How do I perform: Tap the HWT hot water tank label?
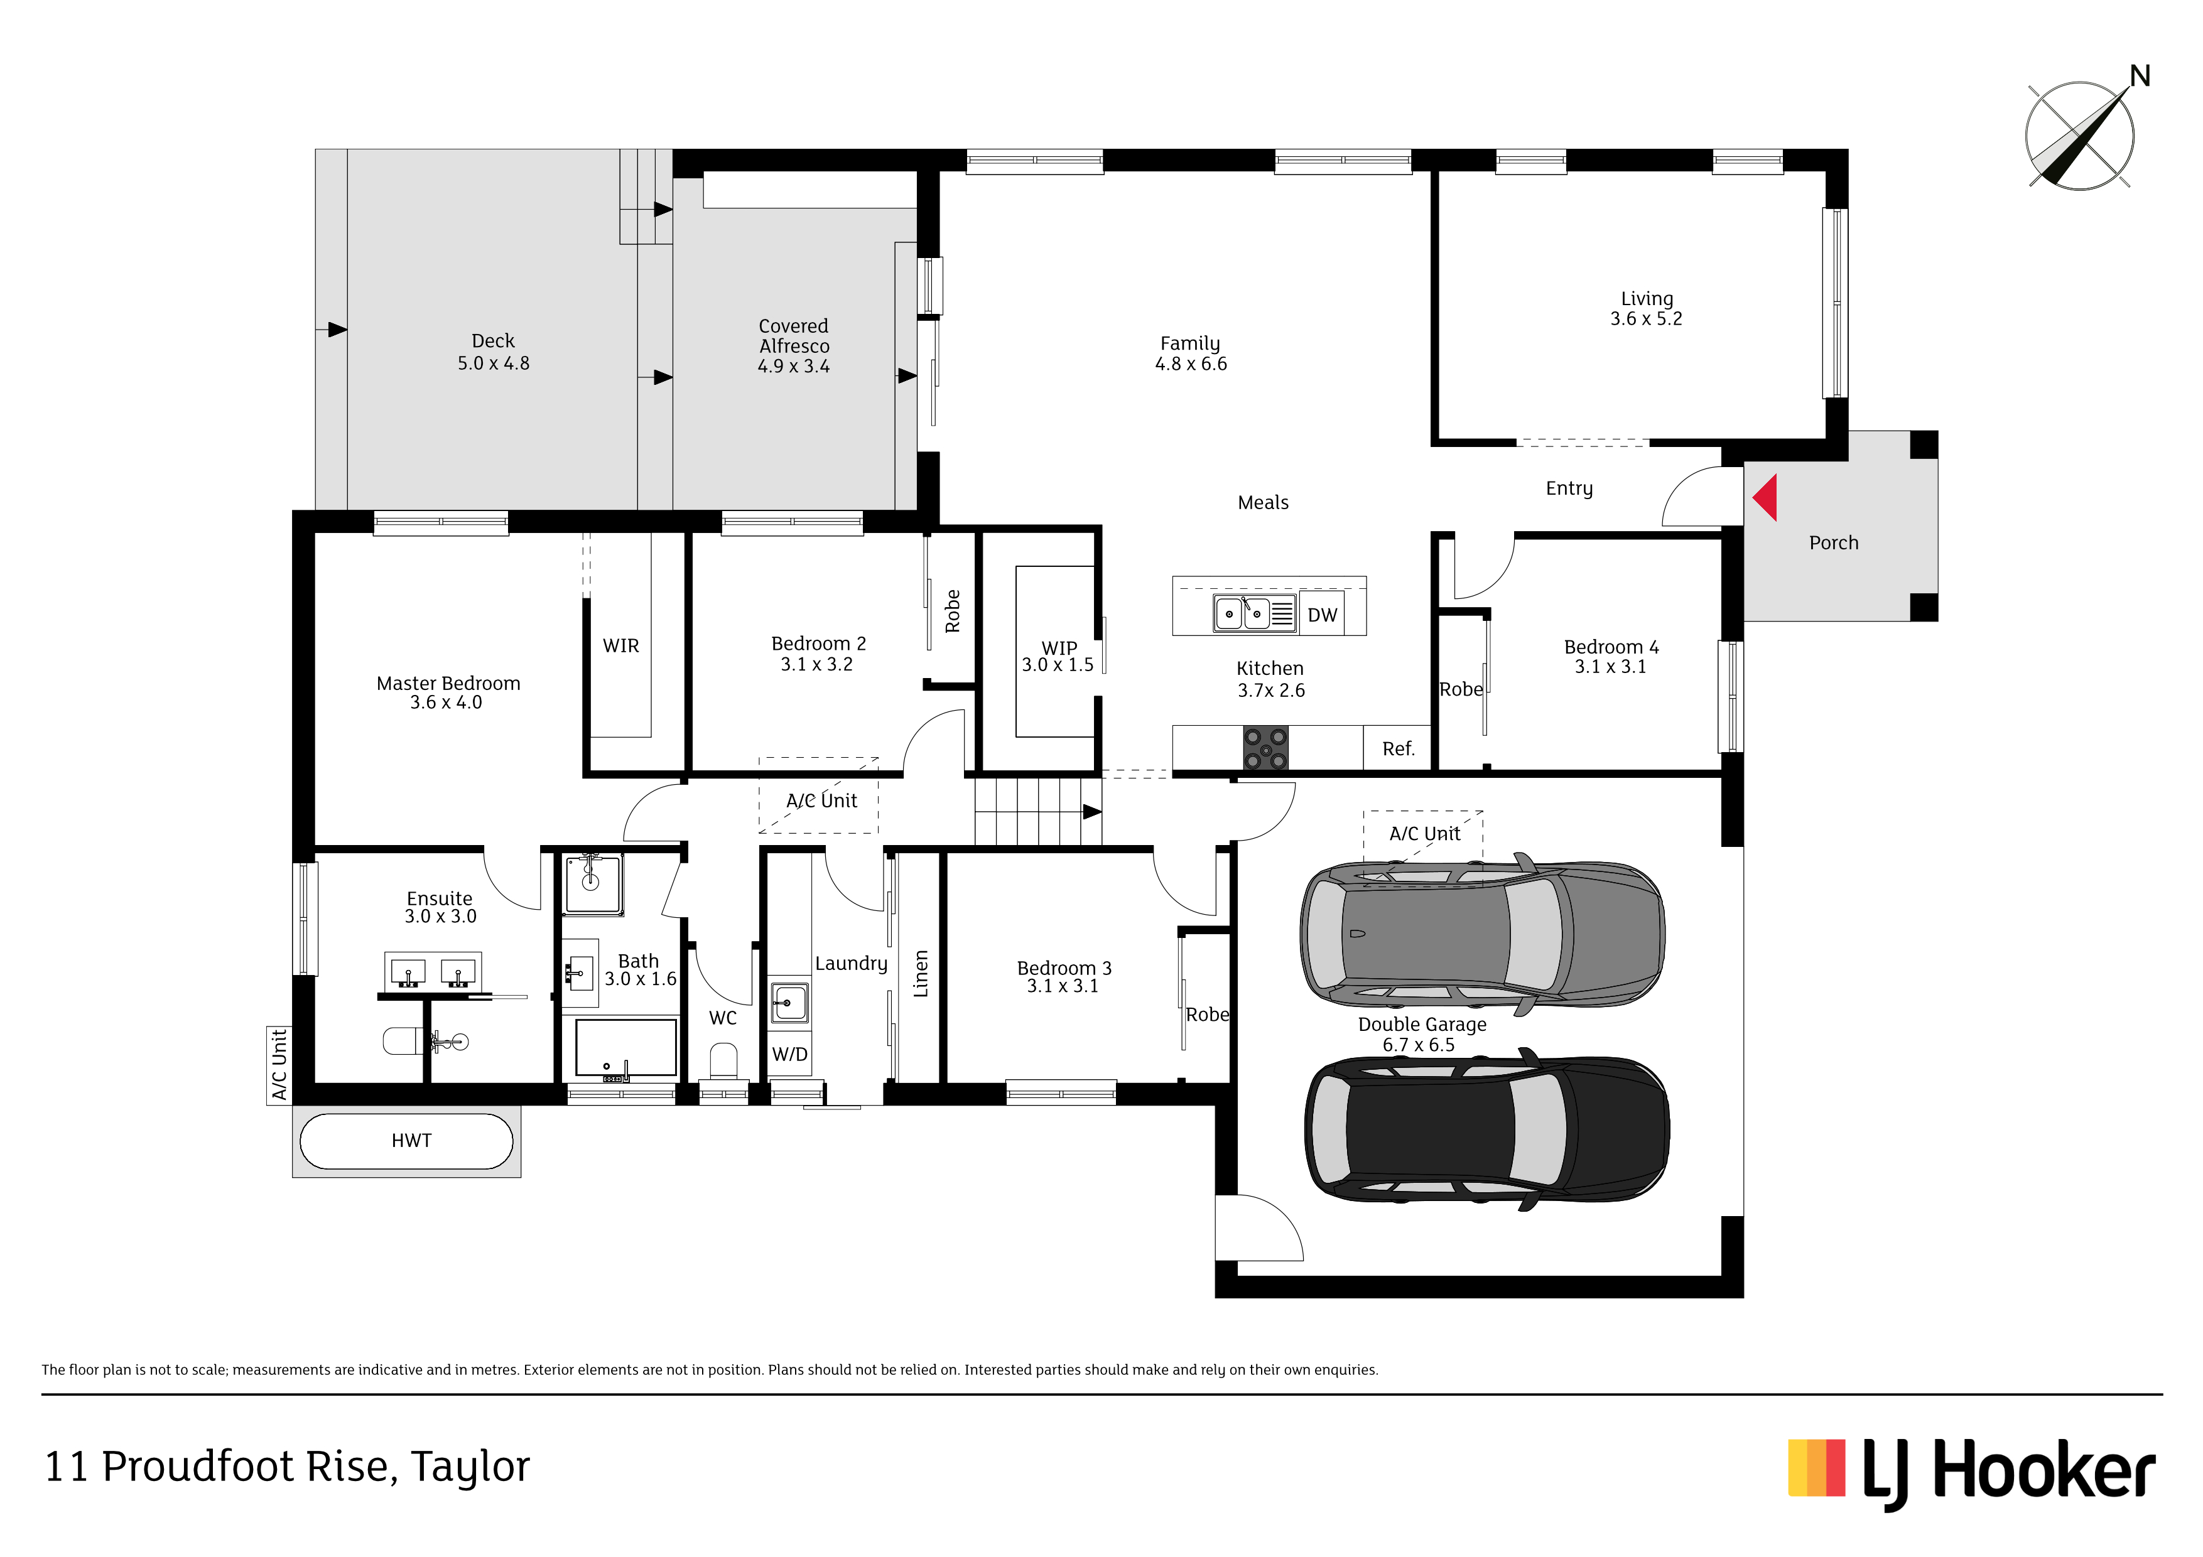[x=411, y=1141]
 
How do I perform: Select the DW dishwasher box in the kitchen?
[x=1322, y=615]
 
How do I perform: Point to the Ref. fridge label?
[x=1398, y=748]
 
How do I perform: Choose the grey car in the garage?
[x=1483, y=934]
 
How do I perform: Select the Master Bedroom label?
[x=448, y=683]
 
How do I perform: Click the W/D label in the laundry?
[x=789, y=1054]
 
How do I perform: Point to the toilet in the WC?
[x=723, y=1065]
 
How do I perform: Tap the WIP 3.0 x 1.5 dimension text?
[x=1058, y=665]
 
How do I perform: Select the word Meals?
[x=1263, y=503]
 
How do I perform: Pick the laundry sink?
[x=789, y=1003]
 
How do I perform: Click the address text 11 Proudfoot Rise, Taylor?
[x=287, y=1467]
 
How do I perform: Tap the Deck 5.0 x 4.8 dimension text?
[x=493, y=364]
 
